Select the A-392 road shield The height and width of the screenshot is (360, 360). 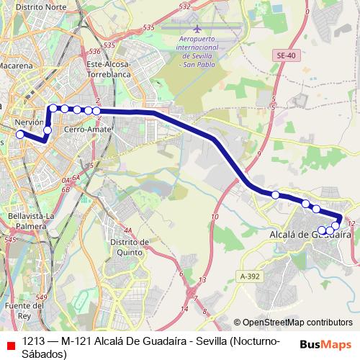(x=249, y=276)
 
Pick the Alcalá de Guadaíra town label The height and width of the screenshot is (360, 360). (x=309, y=234)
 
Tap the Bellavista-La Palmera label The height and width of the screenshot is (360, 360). (x=30, y=220)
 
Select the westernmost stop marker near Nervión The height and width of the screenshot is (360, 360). (x=20, y=135)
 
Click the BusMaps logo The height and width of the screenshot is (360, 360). (x=325, y=343)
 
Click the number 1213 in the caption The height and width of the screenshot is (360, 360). (x=34, y=341)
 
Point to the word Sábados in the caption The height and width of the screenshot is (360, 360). (x=45, y=354)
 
